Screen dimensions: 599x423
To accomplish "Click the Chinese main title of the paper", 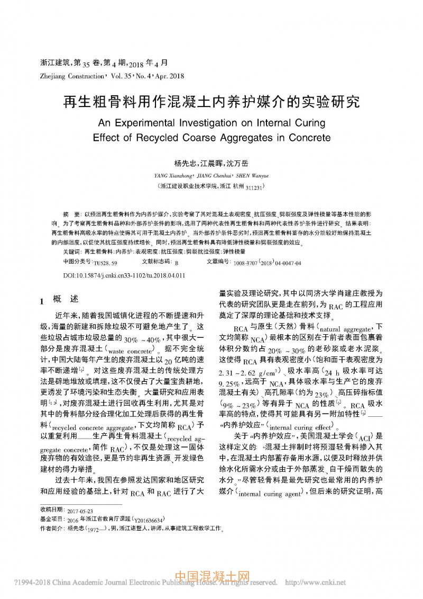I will point(211,102).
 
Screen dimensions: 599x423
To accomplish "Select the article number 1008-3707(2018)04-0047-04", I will point(267,263).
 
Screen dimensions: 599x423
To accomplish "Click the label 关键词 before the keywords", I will point(71,251).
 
